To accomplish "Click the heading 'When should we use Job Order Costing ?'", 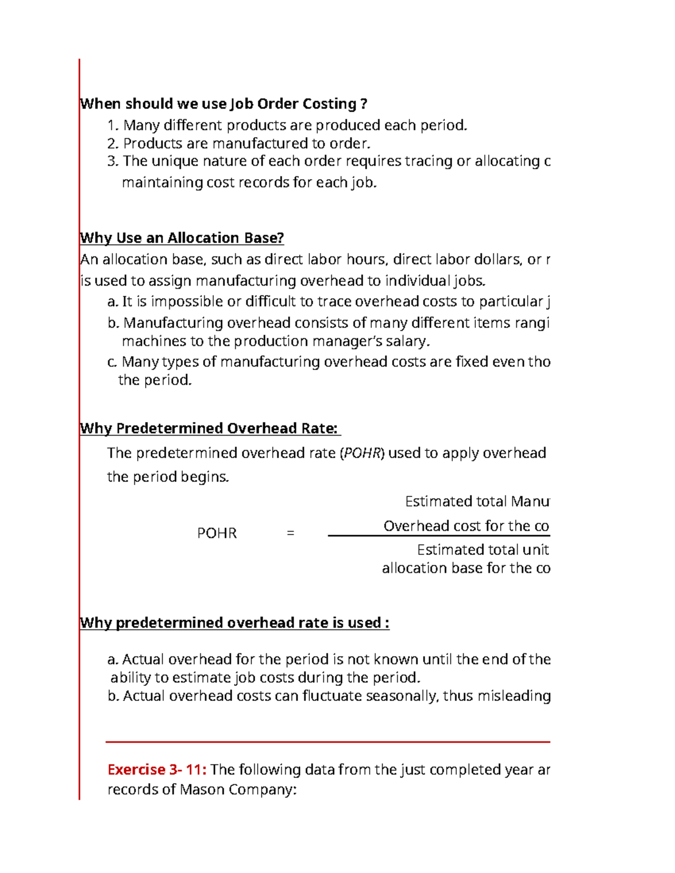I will coord(223,104).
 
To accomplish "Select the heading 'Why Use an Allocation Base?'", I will coord(182,238).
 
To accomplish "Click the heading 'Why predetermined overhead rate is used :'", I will coord(235,623).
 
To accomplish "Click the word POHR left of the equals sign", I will coord(217,533).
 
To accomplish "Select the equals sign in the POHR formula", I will coord(290,532).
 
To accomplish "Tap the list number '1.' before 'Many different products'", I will coord(113,125).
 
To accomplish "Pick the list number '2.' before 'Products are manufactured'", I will coord(113,143).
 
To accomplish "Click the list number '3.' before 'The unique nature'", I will coord(113,161).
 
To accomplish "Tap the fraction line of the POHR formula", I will coord(439,536).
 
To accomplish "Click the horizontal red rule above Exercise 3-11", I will coord(327,742).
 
